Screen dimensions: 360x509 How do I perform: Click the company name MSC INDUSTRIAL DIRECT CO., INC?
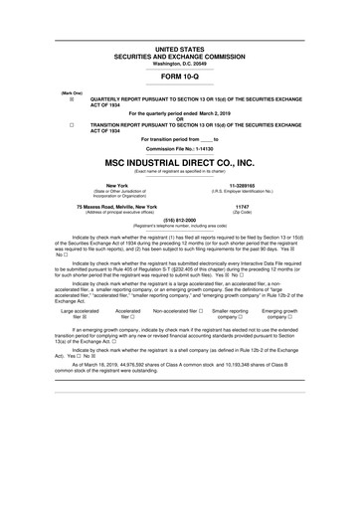pyautogui.click(x=180, y=162)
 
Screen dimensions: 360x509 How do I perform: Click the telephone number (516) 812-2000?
pyautogui.click(x=180, y=223)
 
